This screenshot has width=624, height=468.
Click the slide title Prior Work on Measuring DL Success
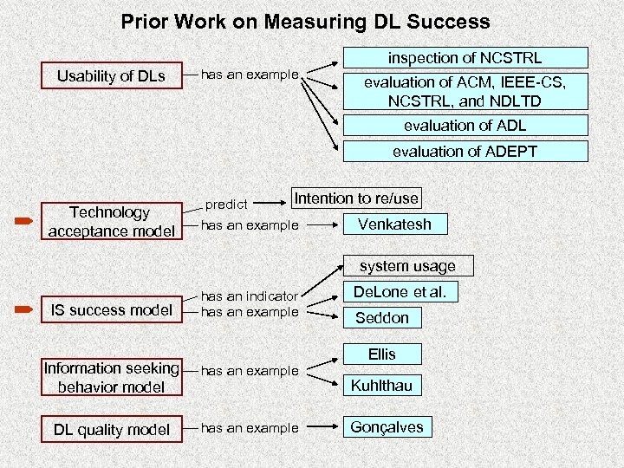click(305, 22)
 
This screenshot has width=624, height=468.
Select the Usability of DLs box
click(111, 76)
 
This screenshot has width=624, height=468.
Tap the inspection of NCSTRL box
click(465, 58)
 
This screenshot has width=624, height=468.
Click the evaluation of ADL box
click(465, 125)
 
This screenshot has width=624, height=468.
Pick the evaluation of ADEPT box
click(465, 152)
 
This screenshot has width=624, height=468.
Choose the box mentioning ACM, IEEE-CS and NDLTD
click(465, 91)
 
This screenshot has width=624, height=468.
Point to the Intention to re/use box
click(356, 198)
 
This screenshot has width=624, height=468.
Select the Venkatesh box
click(394, 224)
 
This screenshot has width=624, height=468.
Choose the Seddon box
click(381, 318)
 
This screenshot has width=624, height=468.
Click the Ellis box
click(381, 354)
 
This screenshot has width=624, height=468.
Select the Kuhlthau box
click(381, 386)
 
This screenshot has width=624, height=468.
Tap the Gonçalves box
click(386, 427)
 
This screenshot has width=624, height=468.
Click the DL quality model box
click(111, 430)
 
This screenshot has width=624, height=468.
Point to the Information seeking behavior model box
click(111, 378)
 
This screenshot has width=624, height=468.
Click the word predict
click(226, 205)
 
